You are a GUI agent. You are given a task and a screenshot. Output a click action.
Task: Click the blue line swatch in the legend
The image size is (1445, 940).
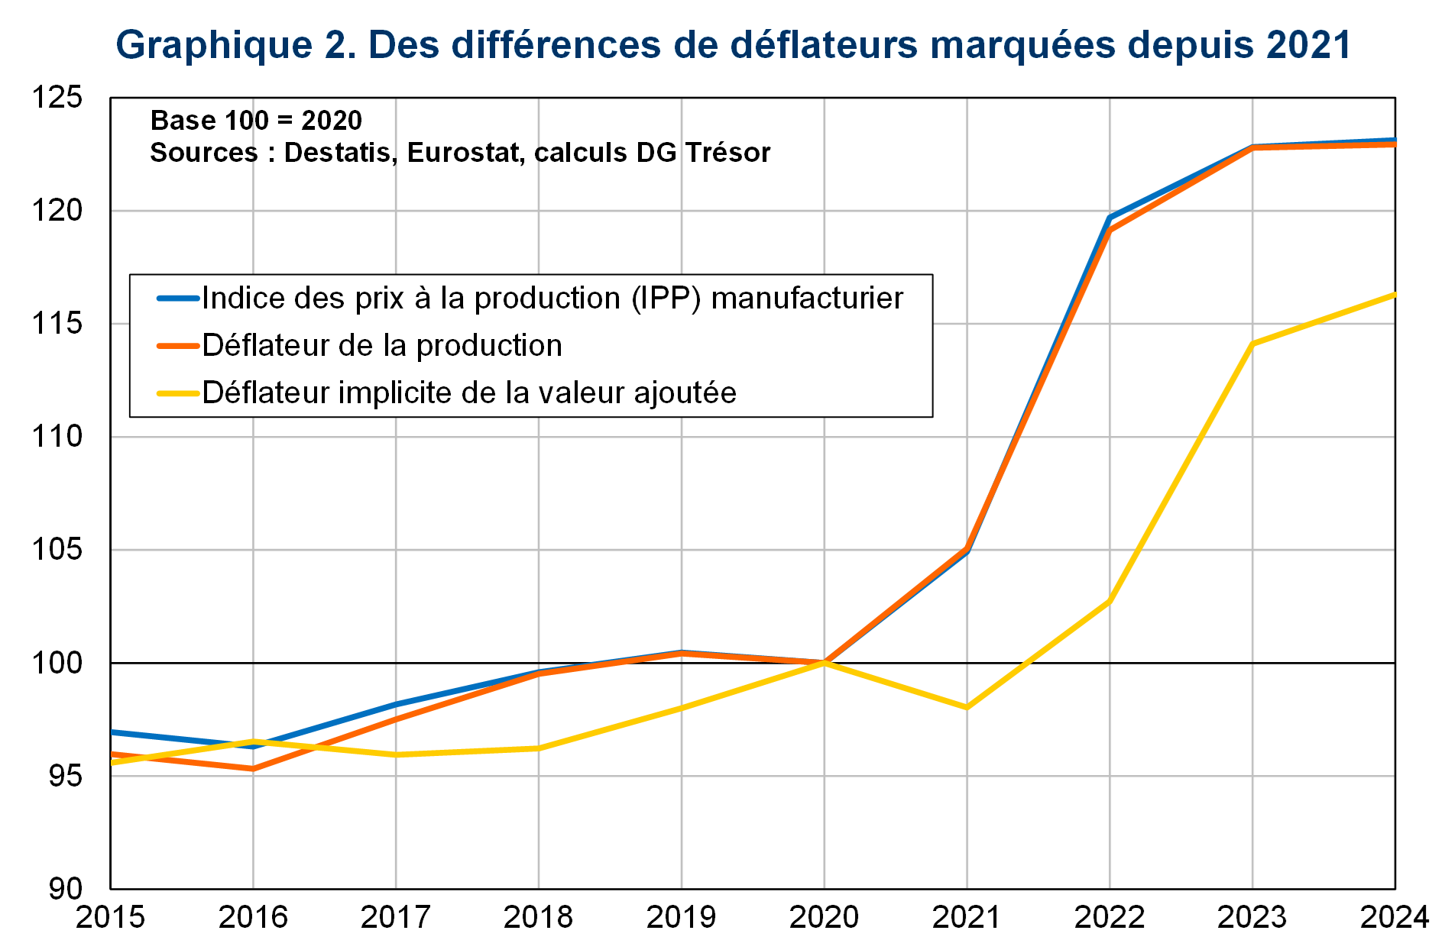click(x=178, y=299)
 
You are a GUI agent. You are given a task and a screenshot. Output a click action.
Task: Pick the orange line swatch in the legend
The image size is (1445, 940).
click(x=178, y=346)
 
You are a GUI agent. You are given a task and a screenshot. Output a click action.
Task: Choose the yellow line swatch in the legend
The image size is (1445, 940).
click(x=178, y=393)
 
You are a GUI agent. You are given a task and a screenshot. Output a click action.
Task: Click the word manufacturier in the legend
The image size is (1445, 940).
click(x=807, y=299)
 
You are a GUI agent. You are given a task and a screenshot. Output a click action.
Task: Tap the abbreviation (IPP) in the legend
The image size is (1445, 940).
click(x=666, y=299)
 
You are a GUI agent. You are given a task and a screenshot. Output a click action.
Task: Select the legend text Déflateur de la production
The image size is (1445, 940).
click(x=382, y=346)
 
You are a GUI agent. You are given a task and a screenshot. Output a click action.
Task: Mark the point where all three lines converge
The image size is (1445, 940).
click(x=825, y=662)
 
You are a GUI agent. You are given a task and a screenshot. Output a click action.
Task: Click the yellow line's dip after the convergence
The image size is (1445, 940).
click(x=967, y=708)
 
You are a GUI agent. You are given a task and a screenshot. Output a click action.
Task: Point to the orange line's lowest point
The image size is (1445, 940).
click(x=253, y=768)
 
